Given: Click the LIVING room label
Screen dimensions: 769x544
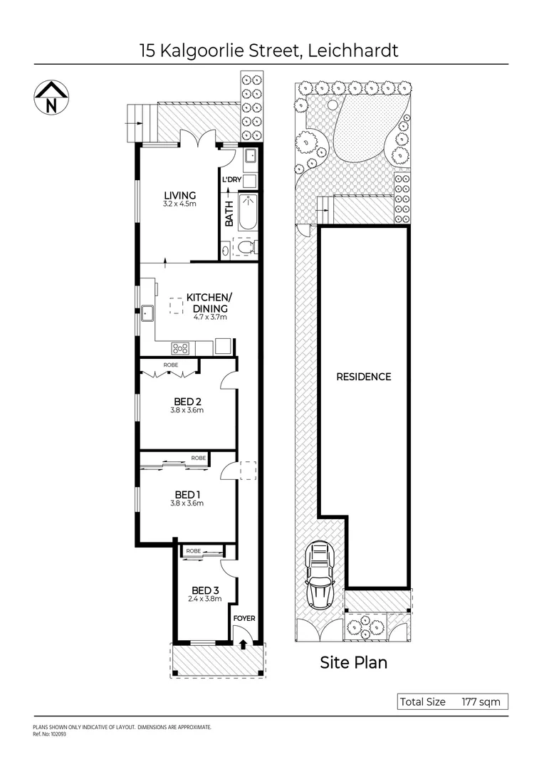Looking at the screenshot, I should click(x=179, y=196).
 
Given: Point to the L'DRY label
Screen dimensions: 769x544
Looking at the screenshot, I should click(x=232, y=180).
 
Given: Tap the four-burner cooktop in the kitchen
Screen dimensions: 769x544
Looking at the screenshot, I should click(x=181, y=348).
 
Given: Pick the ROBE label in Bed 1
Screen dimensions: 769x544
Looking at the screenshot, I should click(x=198, y=459).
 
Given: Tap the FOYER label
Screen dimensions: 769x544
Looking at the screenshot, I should click(x=244, y=619).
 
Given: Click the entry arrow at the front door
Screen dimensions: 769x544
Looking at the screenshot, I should click(x=244, y=644).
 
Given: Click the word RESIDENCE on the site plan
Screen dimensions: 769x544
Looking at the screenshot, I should click(x=363, y=377).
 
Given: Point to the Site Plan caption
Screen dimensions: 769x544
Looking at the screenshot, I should click(x=353, y=663).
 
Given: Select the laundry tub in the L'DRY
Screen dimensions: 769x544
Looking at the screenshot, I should click(x=251, y=158).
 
